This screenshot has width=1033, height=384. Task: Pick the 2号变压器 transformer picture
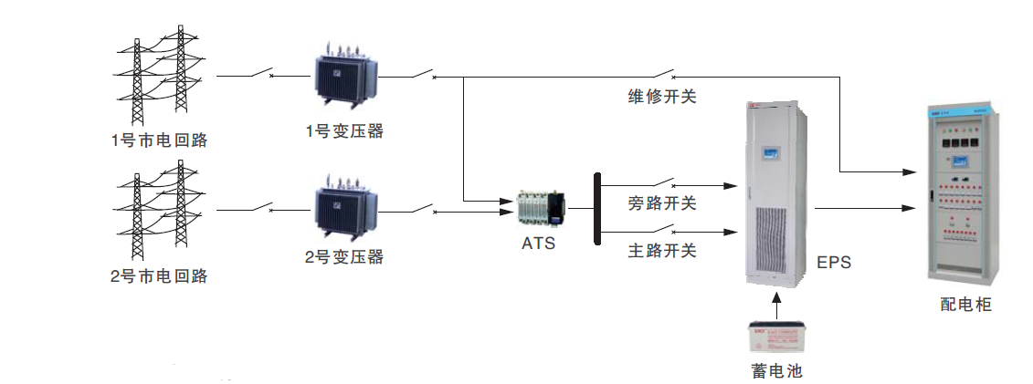tap(344, 212)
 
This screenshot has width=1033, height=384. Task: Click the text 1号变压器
tap(344, 131)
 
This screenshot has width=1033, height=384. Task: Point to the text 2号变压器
tap(344, 256)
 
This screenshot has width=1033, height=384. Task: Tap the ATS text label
tap(538, 244)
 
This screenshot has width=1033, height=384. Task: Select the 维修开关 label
tap(662, 96)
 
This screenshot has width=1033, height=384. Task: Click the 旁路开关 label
tap(662, 203)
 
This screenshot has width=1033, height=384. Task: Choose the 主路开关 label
tap(662, 250)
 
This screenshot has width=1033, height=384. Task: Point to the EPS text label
tap(834, 263)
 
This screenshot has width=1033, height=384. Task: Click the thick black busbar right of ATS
tap(596, 209)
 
